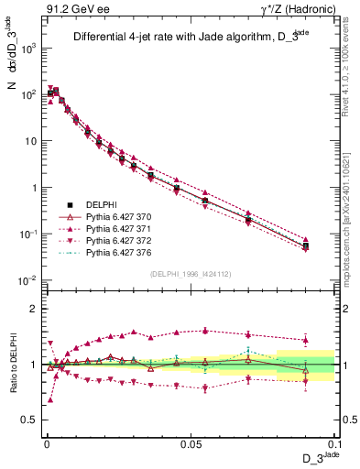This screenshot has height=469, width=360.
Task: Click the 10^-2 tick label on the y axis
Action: [25, 281]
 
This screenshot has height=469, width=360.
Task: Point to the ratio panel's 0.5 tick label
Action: [27, 420]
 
